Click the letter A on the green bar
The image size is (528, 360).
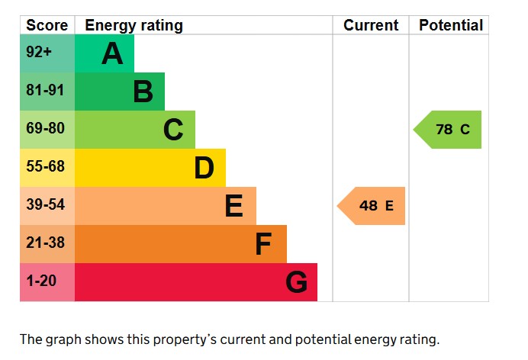[112, 54]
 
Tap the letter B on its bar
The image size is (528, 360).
[143, 92]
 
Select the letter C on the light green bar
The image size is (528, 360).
[173, 130]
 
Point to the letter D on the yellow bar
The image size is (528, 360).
[204, 168]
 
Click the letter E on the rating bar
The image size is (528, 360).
[233, 206]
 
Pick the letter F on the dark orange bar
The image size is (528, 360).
[263, 244]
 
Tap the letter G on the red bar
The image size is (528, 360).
[296, 282]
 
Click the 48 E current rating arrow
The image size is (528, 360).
[372, 206]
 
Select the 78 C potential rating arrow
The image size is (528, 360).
[449, 130]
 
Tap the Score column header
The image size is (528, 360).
[47, 25]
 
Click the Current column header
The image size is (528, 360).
[371, 25]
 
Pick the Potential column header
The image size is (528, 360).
[451, 25]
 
